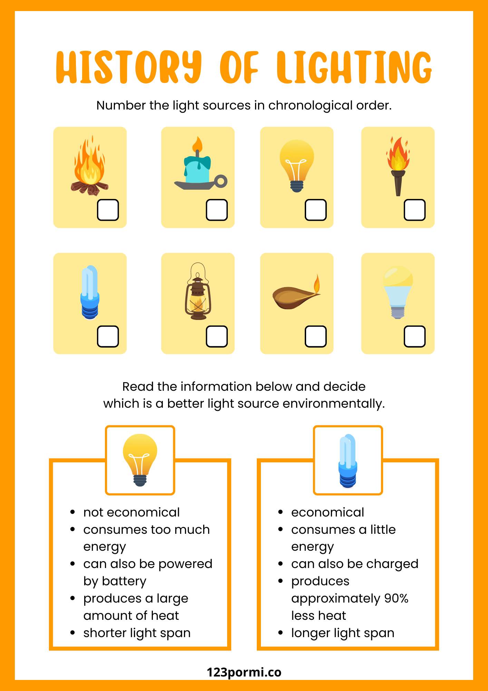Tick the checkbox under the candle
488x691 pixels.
click(217, 210)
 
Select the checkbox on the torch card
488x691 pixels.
click(414, 210)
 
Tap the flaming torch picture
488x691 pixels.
click(398, 166)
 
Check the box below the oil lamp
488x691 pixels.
click(315, 336)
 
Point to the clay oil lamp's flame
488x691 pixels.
click(316, 284)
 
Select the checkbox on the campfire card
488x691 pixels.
click(108, 210)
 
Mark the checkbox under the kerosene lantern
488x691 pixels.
click(217, 336)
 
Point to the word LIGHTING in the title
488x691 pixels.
click(354, 67)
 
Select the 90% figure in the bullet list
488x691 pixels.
click(396, 598)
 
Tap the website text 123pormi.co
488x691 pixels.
click(244, 672)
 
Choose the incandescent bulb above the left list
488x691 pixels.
click(140, 460)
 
